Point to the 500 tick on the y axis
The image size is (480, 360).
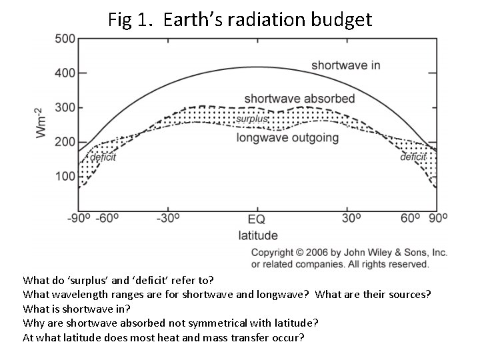(x=65, y=39)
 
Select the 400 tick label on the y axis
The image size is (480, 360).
(x=65, y=73)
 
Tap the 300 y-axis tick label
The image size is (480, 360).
(x=65, y=107)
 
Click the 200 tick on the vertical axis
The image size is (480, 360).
(x=65, y=142)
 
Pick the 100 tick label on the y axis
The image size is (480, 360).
(x=65, y=177)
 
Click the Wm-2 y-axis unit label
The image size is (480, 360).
(x=41, y=122)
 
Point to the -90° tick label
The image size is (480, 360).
(x=79, y=219)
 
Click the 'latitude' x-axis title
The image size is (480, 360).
(x=258, y=235)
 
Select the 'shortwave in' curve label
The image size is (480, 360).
(x=345, y=65)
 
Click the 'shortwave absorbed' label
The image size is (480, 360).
(x=299, y=99)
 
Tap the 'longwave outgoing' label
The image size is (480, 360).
(x=287, y=139)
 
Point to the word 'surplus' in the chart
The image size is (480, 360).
(x=251, y=119)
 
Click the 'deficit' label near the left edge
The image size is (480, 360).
(x=103, y=157)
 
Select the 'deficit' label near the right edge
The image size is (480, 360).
(x=413, y=157)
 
